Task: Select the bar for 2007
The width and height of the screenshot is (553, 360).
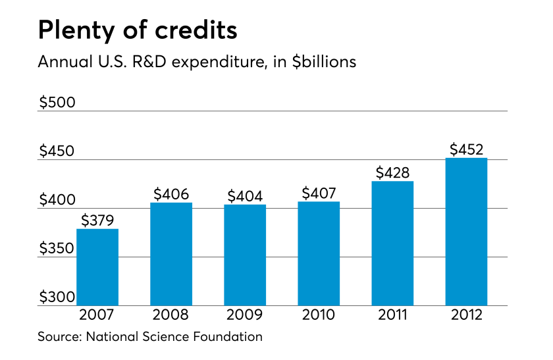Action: (x=97, y=267)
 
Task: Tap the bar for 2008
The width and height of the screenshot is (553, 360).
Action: (x=171, y=254)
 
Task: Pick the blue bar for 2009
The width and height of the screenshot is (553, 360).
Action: (x=245, y=255)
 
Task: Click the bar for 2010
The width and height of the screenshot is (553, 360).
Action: (x=319, y=254)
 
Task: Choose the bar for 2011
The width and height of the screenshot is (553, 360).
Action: (x=393, y=244)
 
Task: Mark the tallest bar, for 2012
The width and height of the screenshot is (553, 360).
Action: (x=467, y=232)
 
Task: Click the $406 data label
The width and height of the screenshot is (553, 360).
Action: (x=171, y=194)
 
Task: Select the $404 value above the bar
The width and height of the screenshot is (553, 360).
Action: (x=245, y=196)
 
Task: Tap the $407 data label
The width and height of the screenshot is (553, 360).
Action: (x=319, y=193)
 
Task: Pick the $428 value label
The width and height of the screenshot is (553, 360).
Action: (x=393, y=172)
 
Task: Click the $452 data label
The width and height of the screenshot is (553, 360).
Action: (x=467, y=149)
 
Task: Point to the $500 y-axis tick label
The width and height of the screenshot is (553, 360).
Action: (x=57, y=103)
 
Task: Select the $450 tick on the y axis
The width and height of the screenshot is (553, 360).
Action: (x=57, y=151)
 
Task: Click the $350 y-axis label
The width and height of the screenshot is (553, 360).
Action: (x=57, y=249)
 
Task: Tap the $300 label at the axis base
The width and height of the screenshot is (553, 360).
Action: (x=57, y=297)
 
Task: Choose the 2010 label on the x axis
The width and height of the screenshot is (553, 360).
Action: (x=319, y=315)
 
